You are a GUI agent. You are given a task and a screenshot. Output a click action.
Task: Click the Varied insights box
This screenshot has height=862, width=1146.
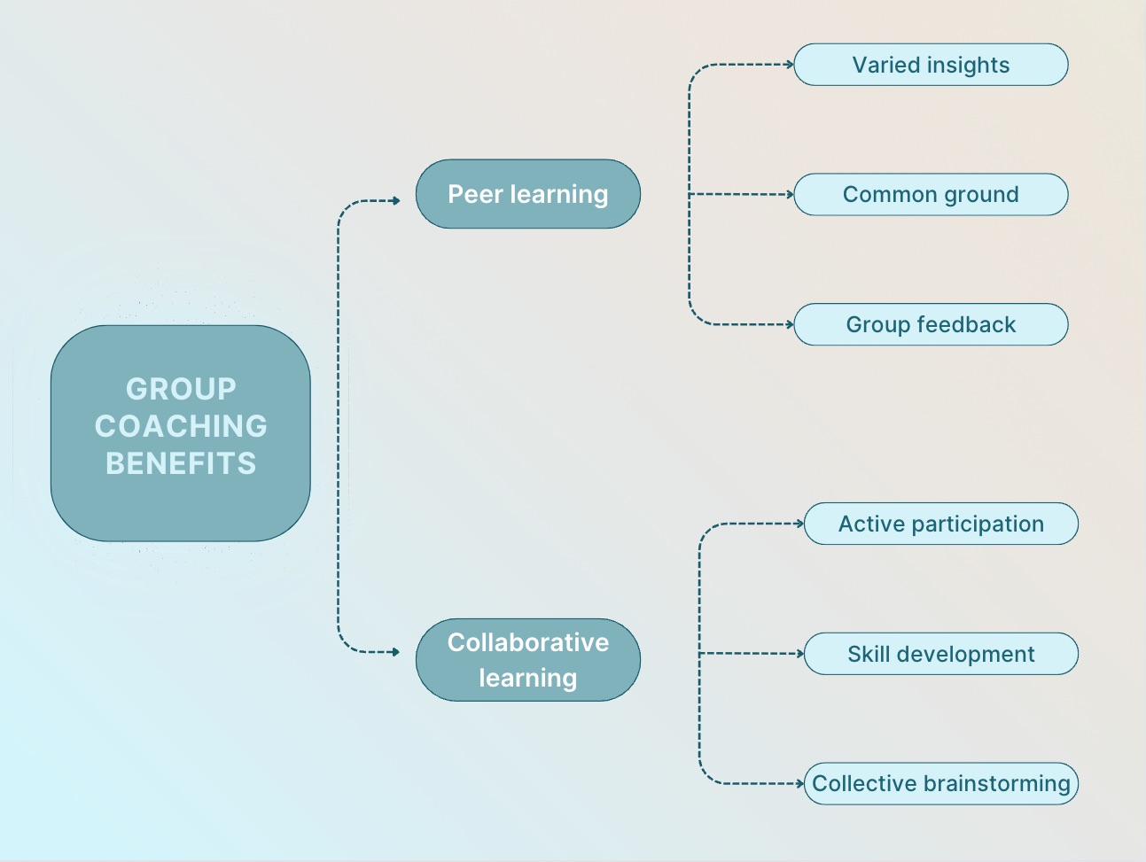pos(931,65)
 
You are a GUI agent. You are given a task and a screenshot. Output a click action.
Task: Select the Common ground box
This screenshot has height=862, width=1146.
pos(931,194)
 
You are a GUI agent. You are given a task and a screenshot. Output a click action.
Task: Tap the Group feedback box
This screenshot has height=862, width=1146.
pos(931,324)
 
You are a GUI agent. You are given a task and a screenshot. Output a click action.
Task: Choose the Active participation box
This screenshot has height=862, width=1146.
pos(940,524)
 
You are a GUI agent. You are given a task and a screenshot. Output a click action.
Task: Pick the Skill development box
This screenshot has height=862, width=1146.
pos(940,654)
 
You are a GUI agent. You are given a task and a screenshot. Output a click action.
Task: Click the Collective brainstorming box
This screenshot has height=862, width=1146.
pos(940,783)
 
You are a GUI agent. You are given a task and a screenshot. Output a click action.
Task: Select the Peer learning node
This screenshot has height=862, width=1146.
pos(527,194)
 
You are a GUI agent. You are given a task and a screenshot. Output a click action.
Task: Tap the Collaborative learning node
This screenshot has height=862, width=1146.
pos(527,660)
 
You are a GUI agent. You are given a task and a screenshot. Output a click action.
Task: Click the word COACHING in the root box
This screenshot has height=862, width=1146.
pos(181,426)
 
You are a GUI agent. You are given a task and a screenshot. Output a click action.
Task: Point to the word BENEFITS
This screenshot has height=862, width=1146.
pos(181,463)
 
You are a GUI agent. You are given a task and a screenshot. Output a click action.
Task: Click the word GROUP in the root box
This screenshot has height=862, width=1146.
pos(181,389)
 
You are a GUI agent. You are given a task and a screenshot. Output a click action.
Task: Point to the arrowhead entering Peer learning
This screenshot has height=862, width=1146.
pos(396,201)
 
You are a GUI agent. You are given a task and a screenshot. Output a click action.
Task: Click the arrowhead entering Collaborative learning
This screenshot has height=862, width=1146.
pos(396,652)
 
